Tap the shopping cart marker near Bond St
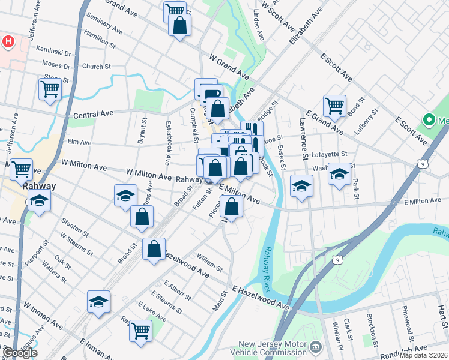pyautogui.click(x=334, y=106)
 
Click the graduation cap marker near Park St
pyautogui.click(x=339, y=175)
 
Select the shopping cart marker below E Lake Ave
pyautogui.click(x=140, y=329)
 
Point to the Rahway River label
pyautogui.click(x=268, y=262)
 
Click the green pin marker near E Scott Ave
pyautogui.click(x=429, y=119)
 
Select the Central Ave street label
pyautogui.click(x=93, y=114)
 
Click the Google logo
pyautogui.click(x=20, y=353)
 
